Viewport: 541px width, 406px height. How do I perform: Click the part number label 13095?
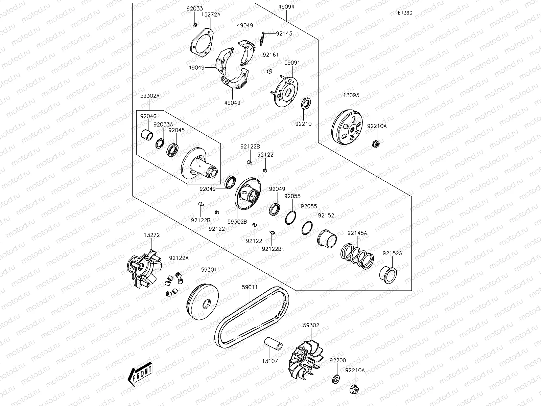click(x=351, y=95)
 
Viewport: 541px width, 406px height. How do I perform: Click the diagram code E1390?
click(x=405, y=13)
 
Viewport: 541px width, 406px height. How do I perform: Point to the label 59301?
click(x=209, y=270)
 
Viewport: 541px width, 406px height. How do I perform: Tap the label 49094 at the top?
click(x=286, y=6)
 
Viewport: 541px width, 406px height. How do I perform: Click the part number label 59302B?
click(x=237, y=222)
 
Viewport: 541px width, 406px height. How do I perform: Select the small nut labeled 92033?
click(x=195, y=25)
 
